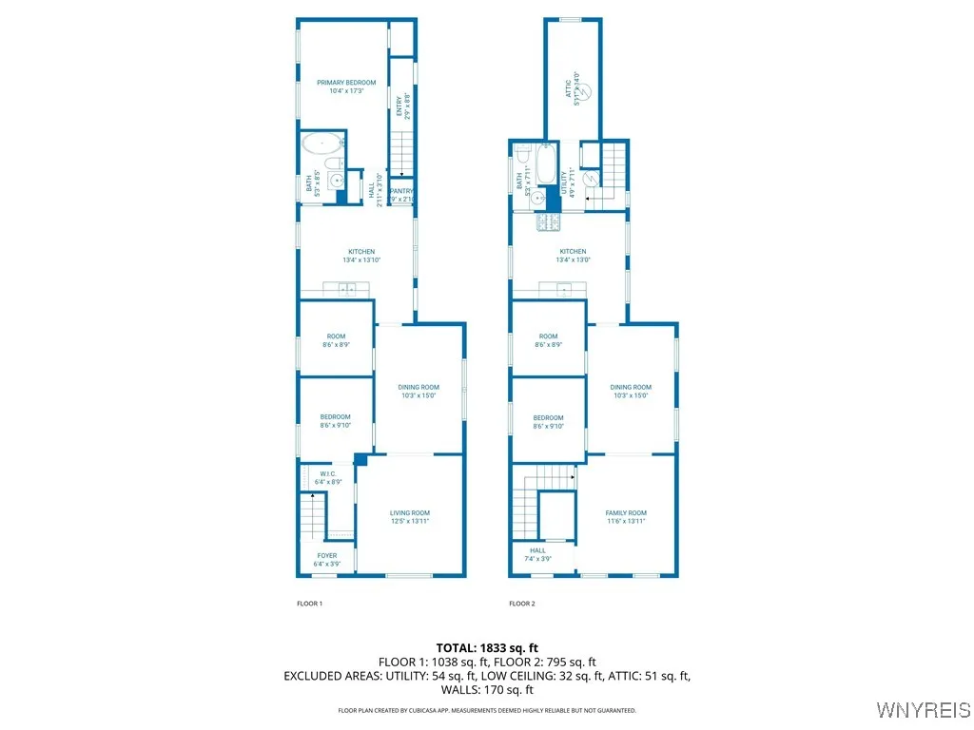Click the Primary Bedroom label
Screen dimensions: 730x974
click(x=346, y=86)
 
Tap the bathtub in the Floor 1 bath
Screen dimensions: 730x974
click(x=322, y=145)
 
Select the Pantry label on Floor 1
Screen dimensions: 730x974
click(x=402, y=194)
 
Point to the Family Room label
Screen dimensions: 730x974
click(x=626, y=516)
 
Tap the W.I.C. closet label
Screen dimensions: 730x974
click(x=327, y=478)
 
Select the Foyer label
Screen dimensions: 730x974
click(x=327, y=559)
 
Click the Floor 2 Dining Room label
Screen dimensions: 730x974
click(x=631, y=391)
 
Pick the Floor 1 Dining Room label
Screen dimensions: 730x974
click(x=419, y=391)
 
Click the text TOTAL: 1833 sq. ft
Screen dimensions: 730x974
click(x=487, y=647)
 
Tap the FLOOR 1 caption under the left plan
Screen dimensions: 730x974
click(x=310, y=604)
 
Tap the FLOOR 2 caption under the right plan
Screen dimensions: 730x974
click(x=522, y=604)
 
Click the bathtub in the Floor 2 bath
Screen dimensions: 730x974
click(x=546, y=164)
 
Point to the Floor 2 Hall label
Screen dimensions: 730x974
click(x=538, y=554)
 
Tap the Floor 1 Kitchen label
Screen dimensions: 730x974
click(x=360, y=255)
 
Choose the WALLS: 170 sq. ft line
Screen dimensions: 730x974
click(x=487, y=690)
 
